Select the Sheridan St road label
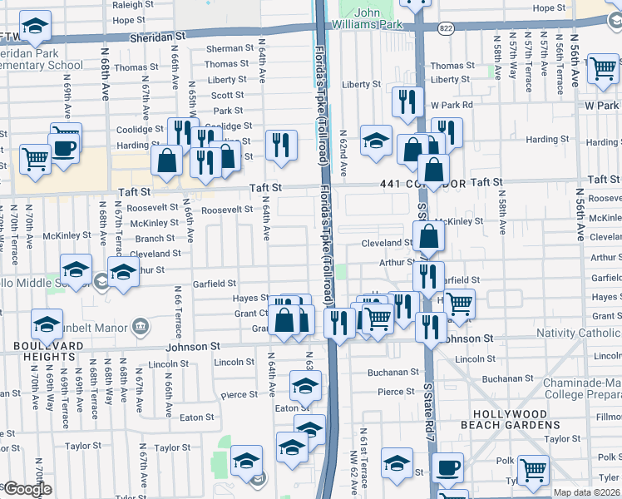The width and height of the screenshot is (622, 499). tap(158, 37)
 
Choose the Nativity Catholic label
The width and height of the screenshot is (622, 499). tap(580, 333)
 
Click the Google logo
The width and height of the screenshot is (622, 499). tap(27, 488)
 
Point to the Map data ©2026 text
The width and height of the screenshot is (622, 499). tap(587, 492)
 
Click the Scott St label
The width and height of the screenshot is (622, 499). tap(228, 96)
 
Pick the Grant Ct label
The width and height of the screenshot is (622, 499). tap(249, 314)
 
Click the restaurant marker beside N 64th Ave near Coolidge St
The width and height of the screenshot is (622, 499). tap(281, 145)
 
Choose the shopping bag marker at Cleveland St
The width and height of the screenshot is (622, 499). tap(428, 236)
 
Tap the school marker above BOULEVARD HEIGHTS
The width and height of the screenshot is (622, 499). tap(47, 323)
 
